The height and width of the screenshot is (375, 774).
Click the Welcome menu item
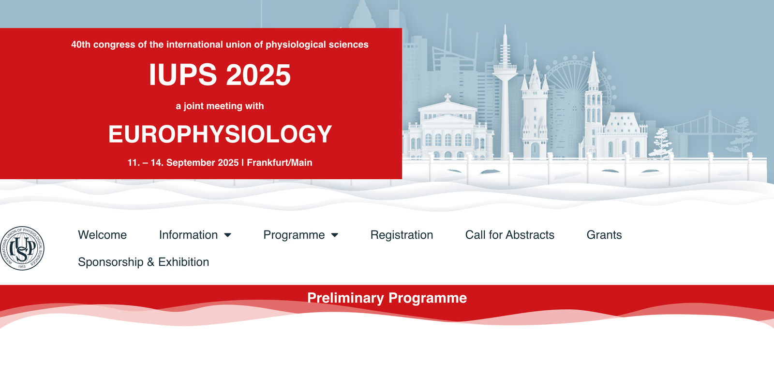(x=102, y=235)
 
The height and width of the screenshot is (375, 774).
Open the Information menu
(x=195, y=235)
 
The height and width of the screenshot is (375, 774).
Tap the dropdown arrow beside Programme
(x=334, y=235)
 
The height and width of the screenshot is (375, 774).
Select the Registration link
(x=402, y=235)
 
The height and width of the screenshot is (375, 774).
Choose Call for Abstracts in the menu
(x=510, y=235)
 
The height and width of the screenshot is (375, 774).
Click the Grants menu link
(x=604, y=235)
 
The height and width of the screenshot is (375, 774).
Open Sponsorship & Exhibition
(x=143, y=262)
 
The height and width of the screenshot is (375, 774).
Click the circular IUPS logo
(x=22, y=248)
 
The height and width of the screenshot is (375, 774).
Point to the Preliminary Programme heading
(x=387, y=298)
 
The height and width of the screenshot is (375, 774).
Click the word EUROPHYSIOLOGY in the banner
(x=220, y=134)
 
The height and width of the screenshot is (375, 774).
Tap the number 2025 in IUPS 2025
(x=258, y=74)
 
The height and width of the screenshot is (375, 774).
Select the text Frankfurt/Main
(x=280, y=163)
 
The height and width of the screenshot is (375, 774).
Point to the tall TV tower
(x=505, y=93)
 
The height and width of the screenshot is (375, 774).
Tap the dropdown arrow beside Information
(x=227, y=235)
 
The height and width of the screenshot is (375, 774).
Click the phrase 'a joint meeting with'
(x=220, y=106)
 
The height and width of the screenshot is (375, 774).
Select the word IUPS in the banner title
(x=183, y=74)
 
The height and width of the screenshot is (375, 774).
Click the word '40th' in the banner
(x=81, y=44)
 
